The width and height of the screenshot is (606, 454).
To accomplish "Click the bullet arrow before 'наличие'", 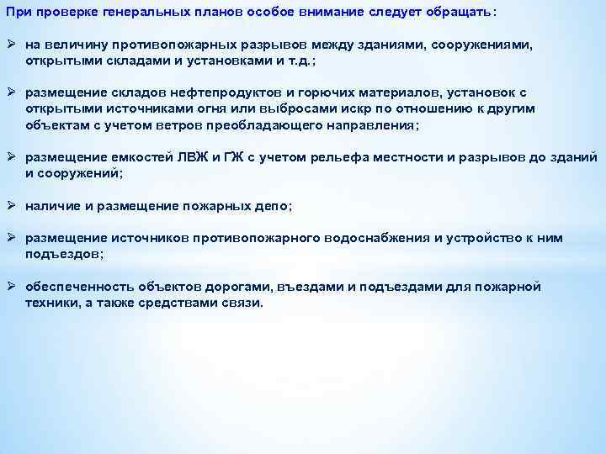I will (x=10, y=204).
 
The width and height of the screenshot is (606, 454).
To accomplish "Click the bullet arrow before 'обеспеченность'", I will (x=10, y=288).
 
